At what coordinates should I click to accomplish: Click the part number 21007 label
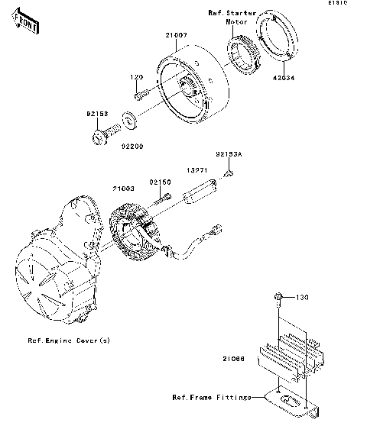point(173,34)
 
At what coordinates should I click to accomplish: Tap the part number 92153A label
point(227,154)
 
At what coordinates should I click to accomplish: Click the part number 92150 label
point(160,182)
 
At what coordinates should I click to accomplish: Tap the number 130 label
point(300,297)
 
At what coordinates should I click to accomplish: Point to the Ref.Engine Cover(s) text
point(69,340)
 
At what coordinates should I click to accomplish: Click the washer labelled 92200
point(129,119)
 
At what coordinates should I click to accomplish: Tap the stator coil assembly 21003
point(138,230)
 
